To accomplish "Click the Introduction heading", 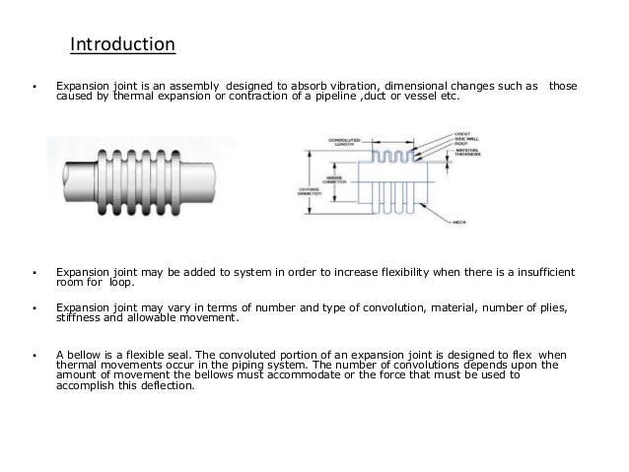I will [x=122, y=45].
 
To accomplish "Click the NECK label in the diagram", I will [x=458, y=224].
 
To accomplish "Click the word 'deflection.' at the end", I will [x=170, y=385].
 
